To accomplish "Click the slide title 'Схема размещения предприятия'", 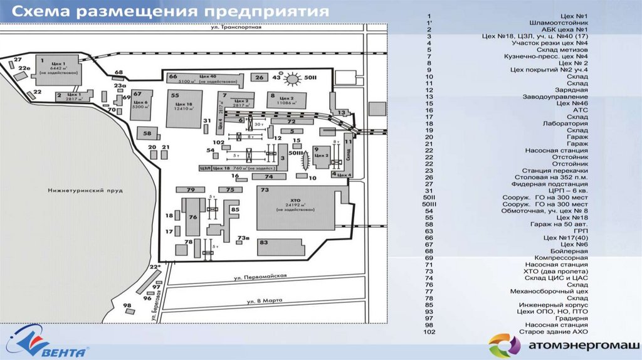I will pyautogui.click(x=169, y=12).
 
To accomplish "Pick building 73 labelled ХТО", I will pyautogui.click(x=297, y=208).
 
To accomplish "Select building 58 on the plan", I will pyautogui.click(x=149, y=134).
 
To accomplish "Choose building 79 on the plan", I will pyautogui.click(x=191, y=189).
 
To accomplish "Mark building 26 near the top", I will pyautogui.click(x=259, y=77).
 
